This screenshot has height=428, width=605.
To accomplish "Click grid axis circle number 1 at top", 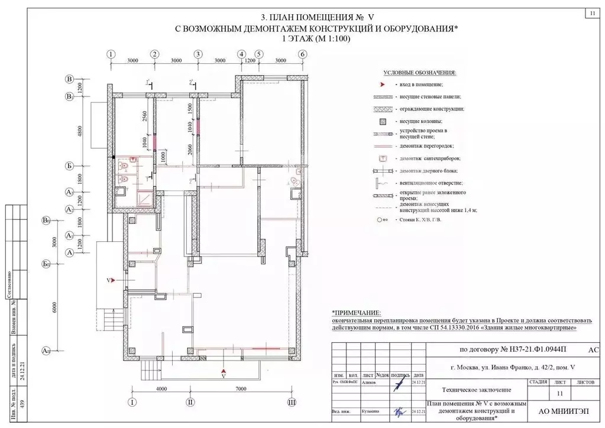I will point(111,54).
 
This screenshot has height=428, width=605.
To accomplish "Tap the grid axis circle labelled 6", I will point(302,54).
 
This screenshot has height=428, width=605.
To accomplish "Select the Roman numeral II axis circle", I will point(190,402).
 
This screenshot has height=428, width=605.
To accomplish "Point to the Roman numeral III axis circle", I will point(291,402).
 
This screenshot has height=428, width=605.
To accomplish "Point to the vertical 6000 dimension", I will point(54,307).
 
